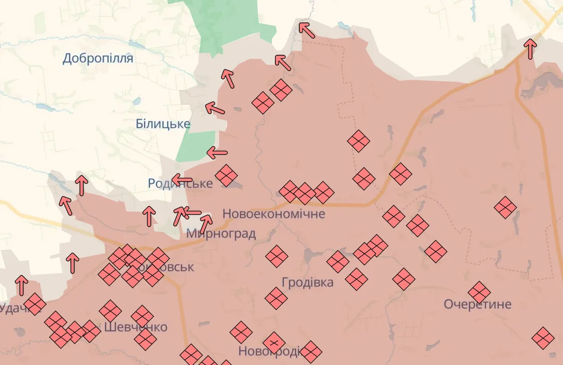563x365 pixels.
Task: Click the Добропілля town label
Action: pyautogui.click(x=98, y=58)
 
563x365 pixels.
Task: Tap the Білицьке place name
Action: pyautogui.click(x=163, y=124)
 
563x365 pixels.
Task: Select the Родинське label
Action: pyautogui.click(x=180, y=184)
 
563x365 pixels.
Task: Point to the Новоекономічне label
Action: pyautogui.click(x=273, y=214)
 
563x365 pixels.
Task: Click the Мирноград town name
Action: pyautogui.click(x=221, y=234)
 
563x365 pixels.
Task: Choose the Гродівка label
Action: pyautogui.click(x=308, y=283)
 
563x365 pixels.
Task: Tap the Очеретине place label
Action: pyautogui.click(x=477, y=304)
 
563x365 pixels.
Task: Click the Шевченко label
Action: pyautogui.click(x=136, y=327)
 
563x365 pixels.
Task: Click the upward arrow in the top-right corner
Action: pyautogui.click(x=530, y=48)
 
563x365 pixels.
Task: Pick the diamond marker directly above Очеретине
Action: pyautogui.click(x=479, y=292)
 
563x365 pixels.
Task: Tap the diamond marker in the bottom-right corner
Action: pyautogui.click(x=543, y=338)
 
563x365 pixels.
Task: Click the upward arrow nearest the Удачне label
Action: pyautogui.click(x=21, y=285)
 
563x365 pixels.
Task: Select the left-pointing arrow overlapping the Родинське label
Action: pyautogui.click(x=182, y=180)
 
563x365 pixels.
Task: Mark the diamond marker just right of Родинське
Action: pyautogui.click(x=226, y=175)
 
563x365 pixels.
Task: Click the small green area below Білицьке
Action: pyautogui.click(x=195, y=146)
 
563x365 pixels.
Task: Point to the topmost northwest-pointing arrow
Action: pyautogui.click(x=306, y=29)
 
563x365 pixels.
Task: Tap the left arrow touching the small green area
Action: pyautogui.click(x=217, y=153)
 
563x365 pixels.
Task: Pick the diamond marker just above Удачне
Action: pyautogui.click(x=35, y=304)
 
